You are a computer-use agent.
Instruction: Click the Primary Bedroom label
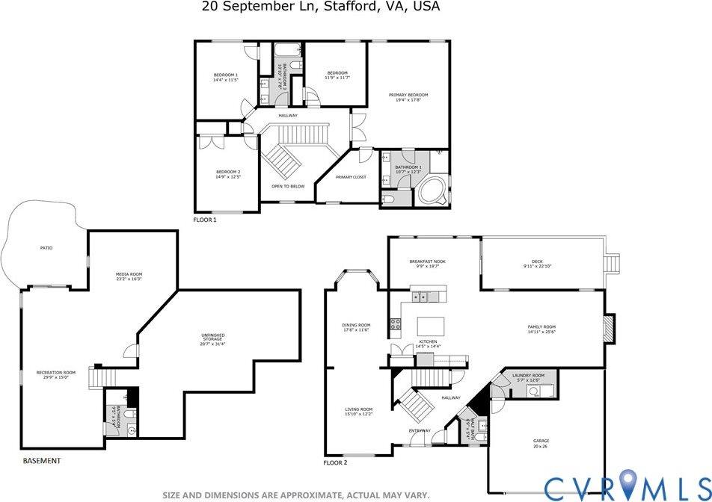tap(408, 95)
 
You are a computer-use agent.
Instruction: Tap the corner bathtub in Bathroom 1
tap(431, 190)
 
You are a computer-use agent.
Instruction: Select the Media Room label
tap(129, 274)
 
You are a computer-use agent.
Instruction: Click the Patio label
tap(46, 248)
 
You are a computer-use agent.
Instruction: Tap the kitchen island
tap(430, 326)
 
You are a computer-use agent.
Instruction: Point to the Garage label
tap(541, 441)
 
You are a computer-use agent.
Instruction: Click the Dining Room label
tap(356, 325)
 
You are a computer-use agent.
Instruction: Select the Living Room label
tap(358, 409)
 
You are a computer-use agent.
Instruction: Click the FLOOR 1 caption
tap(204, 220)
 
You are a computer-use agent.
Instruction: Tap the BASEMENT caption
tap(42, 461)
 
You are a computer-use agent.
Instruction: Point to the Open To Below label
tap(288, 186)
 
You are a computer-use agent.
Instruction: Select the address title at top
tap(321, 7)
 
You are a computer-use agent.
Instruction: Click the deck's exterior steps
tap(613, 264)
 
